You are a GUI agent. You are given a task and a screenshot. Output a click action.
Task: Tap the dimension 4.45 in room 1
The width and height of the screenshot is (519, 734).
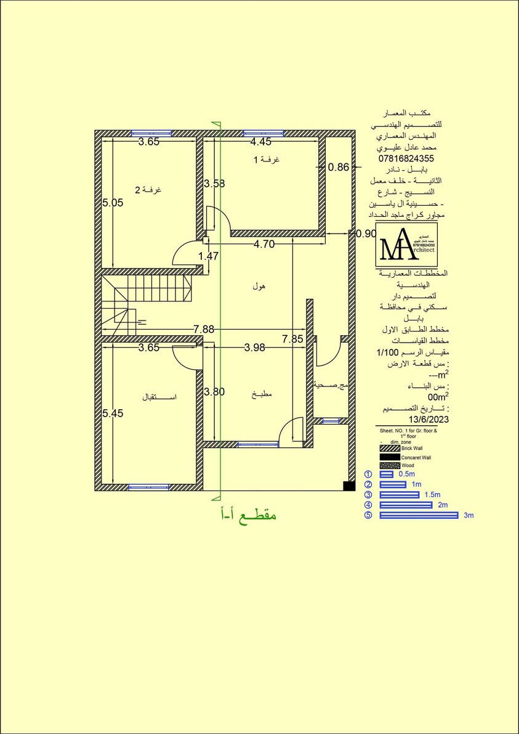click(x=261, y=142)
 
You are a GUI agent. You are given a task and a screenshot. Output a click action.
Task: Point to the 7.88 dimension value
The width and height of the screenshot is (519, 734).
click(x=203, y=329)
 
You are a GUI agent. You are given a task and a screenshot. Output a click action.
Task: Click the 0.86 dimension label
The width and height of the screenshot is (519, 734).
click(x=339, y=166)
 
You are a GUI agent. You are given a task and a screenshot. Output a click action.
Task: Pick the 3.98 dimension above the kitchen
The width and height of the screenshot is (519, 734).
click(x=254, y=348)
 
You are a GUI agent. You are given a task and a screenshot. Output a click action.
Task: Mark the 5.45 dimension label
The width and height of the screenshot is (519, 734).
click(x=113, y=414)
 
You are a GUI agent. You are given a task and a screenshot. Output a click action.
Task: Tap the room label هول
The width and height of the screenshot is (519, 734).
click(x=259, y=287)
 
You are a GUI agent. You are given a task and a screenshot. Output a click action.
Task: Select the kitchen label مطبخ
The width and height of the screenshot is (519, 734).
click(x=262, y=394)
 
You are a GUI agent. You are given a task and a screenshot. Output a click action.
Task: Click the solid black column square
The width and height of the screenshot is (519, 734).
click(x=348, y=486)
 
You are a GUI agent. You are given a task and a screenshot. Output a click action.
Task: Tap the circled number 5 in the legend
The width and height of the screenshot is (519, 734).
click(x=368, y=515)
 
